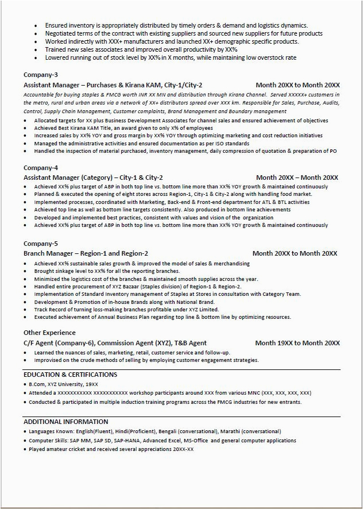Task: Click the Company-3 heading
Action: (x=40, y=75)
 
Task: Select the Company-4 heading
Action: (x=40, y=168)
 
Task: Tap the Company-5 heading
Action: (x=40, y=244)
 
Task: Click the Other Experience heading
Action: (x=49, y=333)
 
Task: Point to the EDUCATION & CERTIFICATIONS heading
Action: (x=70, y=375)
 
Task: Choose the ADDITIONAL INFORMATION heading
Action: (x=65, y=422)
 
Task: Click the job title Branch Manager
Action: (x=48, y=253)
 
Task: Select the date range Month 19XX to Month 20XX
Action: (x=298, y=343)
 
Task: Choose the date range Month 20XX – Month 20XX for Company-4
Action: (x=297, y=178)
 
